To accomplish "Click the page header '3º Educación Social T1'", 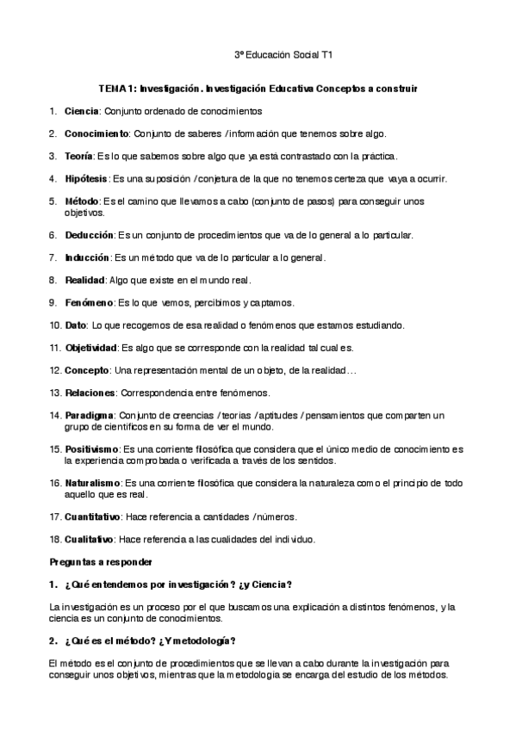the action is coord(283,55).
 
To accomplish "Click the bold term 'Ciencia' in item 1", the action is coord(82,112).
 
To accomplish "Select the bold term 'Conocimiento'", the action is coord(96,133).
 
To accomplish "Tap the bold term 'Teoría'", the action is coord(79,156).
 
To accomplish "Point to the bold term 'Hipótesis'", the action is coord(86,178).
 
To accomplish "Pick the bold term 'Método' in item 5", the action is coord(81,201).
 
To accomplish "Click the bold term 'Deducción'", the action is coord(89,234).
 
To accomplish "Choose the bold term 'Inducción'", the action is coord(87,257).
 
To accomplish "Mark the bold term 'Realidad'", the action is coord(84,280).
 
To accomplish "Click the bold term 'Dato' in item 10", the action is coord(75,325).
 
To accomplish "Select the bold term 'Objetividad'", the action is coord(90,348).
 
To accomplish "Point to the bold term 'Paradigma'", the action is coord(89,415).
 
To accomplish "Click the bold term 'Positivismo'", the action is coord(93,449).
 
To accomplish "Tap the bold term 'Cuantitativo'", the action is coord(95,517).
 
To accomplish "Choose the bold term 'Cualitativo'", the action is coord(90,539).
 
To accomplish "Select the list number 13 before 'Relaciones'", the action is coord(55,393).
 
